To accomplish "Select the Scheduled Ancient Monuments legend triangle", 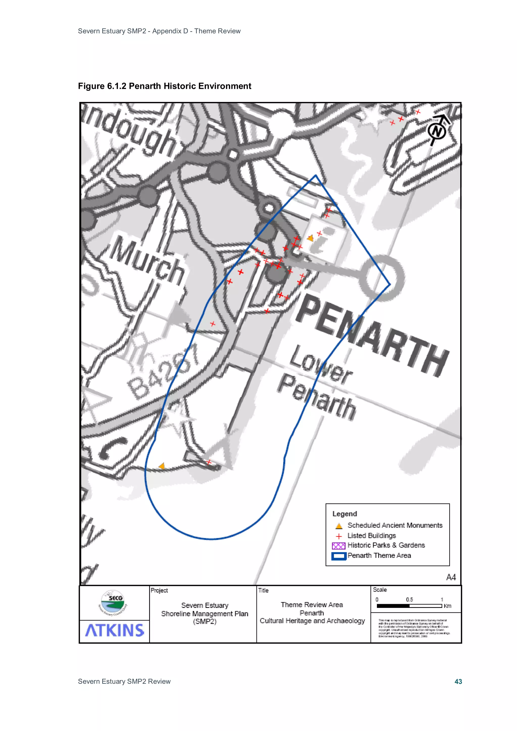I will pos(339,526).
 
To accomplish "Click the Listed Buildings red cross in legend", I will pos(339,536).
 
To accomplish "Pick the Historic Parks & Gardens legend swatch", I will pos(338,546).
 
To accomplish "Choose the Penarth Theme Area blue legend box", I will pos(338,556).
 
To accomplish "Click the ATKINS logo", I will pos(115,630).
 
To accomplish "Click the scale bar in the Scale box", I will pos(409,606).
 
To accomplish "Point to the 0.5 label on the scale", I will pos(409,600).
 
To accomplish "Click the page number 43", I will pos(458,682).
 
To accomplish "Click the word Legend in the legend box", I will pos(345,514).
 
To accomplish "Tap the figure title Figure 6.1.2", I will pos(164,86).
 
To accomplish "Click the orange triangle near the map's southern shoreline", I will pos(162,466).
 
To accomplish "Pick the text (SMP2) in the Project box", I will pos(204,621).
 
